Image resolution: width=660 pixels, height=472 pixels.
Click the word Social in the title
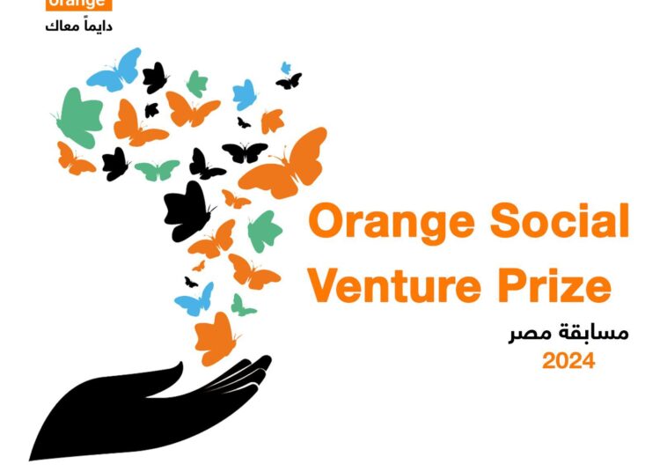coord(560,222)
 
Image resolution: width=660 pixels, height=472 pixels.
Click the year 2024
coord(568,361)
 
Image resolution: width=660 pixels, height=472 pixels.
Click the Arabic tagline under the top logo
coord(79,26)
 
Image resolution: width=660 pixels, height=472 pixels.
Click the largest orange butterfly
coord(287,164)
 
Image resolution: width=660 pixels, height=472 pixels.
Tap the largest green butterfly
coord(79,119)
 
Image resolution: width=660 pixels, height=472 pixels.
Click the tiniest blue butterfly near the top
coord(285,68)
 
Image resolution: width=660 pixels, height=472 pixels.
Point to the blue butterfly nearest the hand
coord(195,300)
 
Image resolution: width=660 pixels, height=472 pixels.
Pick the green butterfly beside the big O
coord(264,232)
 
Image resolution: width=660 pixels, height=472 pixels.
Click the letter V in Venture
coord(326,287)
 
